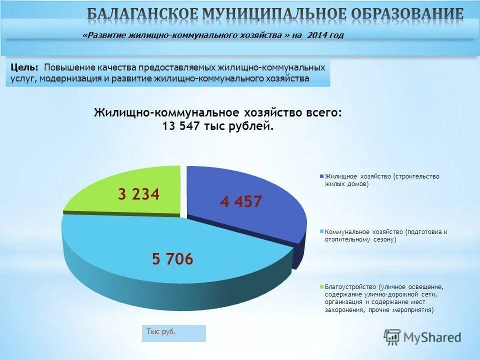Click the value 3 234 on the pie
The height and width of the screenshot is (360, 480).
pos(138,194)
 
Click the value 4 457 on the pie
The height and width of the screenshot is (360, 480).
pos(241,201)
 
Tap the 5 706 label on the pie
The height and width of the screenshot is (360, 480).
pos(172,259)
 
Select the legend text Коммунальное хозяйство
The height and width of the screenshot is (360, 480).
pos(363,232)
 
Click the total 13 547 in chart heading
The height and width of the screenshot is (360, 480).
pos(181,126)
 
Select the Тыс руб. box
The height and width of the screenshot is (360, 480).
pos(173,332)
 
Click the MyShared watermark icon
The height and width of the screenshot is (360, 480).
pos(392,337)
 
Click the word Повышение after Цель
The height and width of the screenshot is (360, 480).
pos(64,67)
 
